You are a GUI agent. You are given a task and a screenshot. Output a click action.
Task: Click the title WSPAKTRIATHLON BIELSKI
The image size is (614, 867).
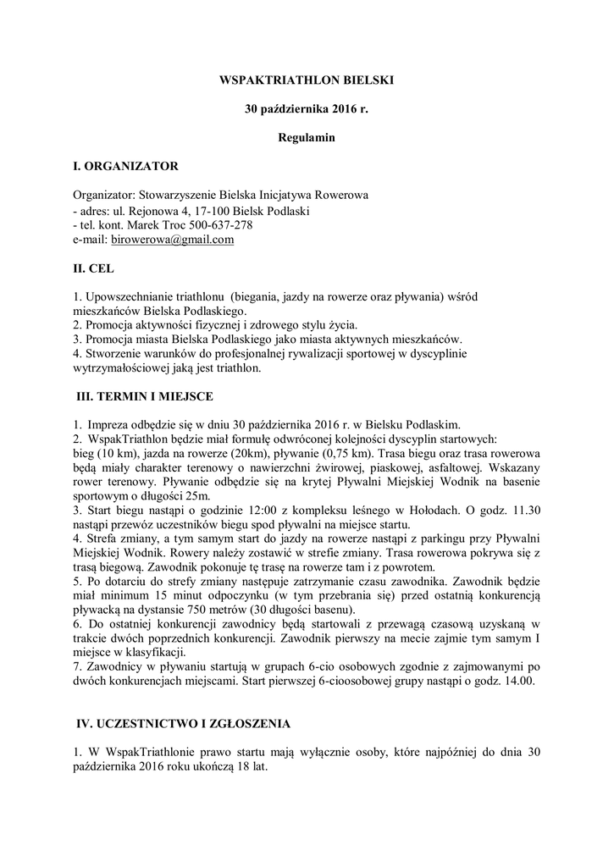click(307, 80)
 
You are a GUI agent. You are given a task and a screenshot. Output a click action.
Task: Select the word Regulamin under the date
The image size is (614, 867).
click(307, 137)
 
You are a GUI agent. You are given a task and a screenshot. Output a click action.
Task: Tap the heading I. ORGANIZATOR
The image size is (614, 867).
click(124, 166)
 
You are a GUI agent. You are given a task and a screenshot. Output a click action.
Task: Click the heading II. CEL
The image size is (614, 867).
click(93, 269)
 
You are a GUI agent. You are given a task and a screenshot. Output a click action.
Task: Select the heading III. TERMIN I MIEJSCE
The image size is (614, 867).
click(145, 395)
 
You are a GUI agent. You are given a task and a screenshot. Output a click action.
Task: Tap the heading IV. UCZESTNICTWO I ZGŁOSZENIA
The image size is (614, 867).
click(184, 724)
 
